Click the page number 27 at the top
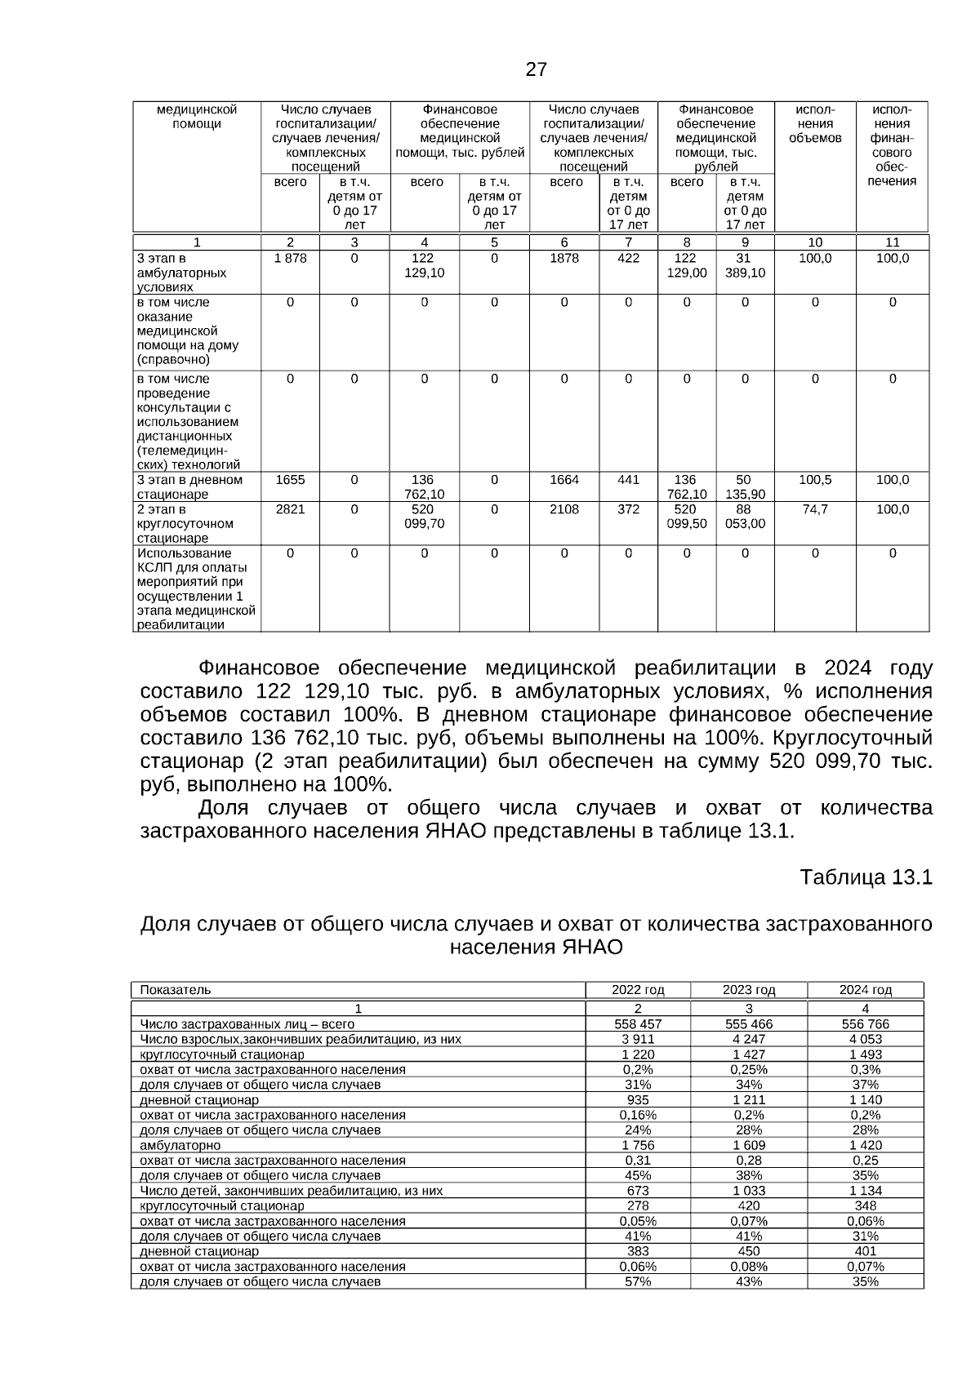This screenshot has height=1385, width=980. click(x=536, y=69)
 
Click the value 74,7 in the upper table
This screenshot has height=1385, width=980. click(x=814, y=509)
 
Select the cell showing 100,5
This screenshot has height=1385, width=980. click(x=814, y=480)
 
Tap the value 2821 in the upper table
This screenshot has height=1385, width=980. click(x=290, y=509)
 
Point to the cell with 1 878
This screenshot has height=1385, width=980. click(x=290, y=259)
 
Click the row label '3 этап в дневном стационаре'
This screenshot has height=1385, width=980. click(x=189, y=486)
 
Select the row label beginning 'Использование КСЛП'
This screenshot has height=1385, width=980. click(x=195, y=588)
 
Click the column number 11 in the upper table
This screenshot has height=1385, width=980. click(x=892, y=242)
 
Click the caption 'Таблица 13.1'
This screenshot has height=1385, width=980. click(x=866, y=877)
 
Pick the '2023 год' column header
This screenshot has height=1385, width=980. click(x=748, y=990)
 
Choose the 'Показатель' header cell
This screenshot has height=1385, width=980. click(x=176, y=990)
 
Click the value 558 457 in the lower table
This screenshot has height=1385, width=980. click(x=638, y=1024)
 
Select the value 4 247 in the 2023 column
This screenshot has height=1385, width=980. click(x=748, y=1039)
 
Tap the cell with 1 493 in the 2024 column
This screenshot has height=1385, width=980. click(x=865, y=1054)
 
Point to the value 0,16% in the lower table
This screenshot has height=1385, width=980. click(x=638, y=1115)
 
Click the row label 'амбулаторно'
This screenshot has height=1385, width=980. click(x=180, y=1145)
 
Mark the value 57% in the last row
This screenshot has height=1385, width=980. click(x=638, y=1281)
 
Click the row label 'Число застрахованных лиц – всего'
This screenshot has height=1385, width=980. click(x=247, y=1024)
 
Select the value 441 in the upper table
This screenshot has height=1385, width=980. click(x=628, y=480)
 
